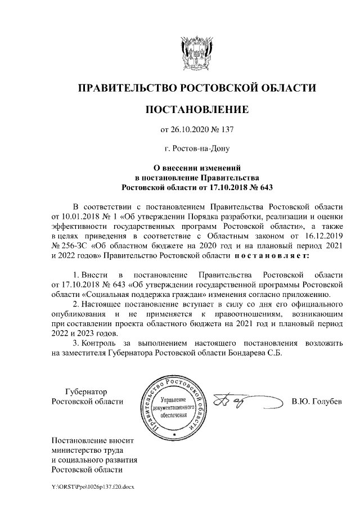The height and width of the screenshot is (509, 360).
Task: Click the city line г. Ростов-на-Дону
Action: [196, 148]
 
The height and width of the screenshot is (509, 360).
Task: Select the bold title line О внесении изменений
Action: [196, 167]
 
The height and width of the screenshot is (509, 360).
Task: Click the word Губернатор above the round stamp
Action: [85, 391]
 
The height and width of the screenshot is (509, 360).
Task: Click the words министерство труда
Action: [87, 449]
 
